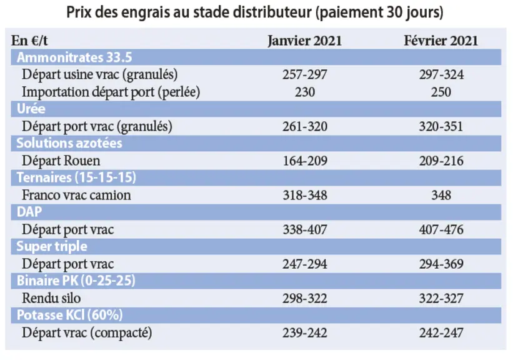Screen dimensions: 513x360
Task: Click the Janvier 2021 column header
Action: [x=304, y=41]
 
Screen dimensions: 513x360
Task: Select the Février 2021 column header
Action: [x=441, y=41]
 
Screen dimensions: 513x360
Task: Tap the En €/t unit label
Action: [x=29, y=41]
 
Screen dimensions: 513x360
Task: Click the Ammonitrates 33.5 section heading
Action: [x=74, y=57]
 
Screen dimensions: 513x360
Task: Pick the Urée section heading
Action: [x=31, y=109]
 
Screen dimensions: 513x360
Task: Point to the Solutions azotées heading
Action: [x=69, y=143]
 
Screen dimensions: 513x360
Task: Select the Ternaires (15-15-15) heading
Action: [x=76, y=177]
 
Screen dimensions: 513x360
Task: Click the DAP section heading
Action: [x=29, y=212]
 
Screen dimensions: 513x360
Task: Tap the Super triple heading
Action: [x=52, y=246]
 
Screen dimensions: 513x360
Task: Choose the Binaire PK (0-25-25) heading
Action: [x=76, y=281]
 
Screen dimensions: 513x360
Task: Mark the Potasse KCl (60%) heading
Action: [x=70, y=315]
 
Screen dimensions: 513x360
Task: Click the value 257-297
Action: [x=305, y=74]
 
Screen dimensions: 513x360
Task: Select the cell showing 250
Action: [x=441, y=92]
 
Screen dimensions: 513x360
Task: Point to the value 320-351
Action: [x=441, y=126]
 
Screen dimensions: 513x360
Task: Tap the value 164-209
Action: [x=305, y=161]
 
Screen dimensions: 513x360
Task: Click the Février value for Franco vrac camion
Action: [x=441, y=195]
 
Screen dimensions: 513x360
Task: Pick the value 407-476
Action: [x=441, y=229]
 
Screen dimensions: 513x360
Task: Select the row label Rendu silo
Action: [x=51, y=298]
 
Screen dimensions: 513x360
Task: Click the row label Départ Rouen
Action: [x=61, y=161]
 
